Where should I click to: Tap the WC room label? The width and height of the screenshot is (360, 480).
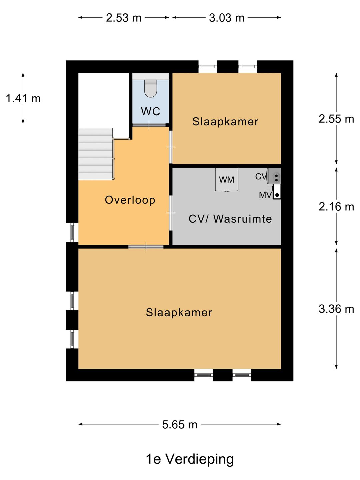click(151, 111)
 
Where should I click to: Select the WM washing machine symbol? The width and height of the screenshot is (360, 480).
click(227, 180)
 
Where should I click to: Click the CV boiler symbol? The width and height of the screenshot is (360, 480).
click(275, 176)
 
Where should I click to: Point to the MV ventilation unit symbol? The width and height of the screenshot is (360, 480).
click(277, 192)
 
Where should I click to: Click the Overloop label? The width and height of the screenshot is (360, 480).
click(130, 200)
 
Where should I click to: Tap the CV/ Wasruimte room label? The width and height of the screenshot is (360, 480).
click(230, 219)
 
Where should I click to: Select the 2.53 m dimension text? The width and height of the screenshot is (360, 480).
click(124, 18)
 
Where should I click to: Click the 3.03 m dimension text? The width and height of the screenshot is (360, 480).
click(226, 18)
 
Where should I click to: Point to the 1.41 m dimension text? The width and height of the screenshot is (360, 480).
click(23, 98)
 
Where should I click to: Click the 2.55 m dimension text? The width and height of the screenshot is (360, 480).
click(336, 119)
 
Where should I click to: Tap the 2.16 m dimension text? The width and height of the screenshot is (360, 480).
click(336, 207)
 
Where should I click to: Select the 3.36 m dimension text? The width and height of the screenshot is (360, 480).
click(336, 309)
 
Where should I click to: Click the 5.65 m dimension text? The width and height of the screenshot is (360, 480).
click(180, 425)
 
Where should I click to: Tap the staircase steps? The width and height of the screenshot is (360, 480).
click(96, 154)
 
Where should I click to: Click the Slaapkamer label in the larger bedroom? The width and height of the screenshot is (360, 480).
click(179, 312)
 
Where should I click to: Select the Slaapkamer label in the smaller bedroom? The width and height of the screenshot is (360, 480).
click(225, 121)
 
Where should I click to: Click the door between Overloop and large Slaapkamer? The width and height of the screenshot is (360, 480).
click(146, 247)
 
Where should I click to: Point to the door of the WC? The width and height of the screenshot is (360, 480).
click(149, 125)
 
